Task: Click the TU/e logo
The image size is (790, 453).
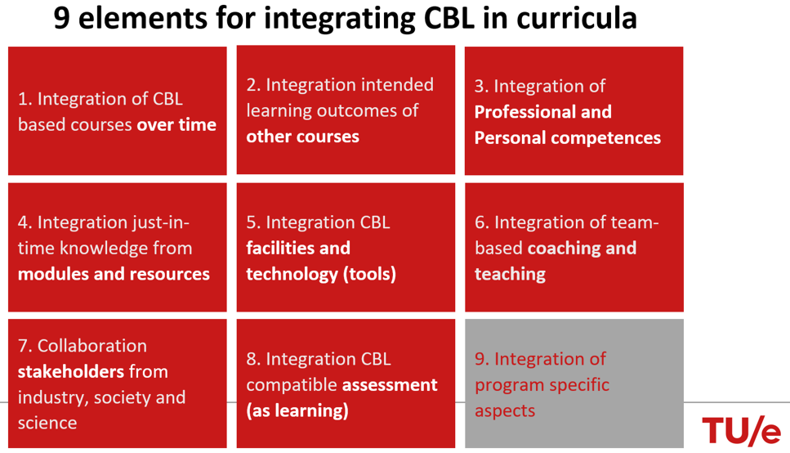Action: coord(741,431)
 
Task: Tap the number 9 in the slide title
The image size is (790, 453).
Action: coord(61,19)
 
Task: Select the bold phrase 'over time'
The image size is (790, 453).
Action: coord(176,124)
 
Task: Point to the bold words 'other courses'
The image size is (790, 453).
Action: coord(302,137)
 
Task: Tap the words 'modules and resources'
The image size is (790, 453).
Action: coord(114,273)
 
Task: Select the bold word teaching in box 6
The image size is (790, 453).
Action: coord(510,274)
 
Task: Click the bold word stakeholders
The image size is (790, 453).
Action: coord(70,371)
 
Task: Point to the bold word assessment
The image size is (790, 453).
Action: coord(390,385)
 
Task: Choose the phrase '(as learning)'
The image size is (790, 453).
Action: coord(297,410)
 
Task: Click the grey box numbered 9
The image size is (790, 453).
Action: coord(574,383)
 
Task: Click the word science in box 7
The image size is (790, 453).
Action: coord(47,423)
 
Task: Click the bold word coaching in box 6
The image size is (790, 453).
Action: coord(564,249)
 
